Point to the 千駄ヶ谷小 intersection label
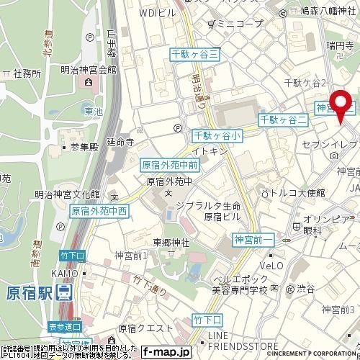pos(218,135)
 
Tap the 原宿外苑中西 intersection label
pos(99,212)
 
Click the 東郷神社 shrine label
pos(171,243)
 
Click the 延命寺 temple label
pos(120,143)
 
